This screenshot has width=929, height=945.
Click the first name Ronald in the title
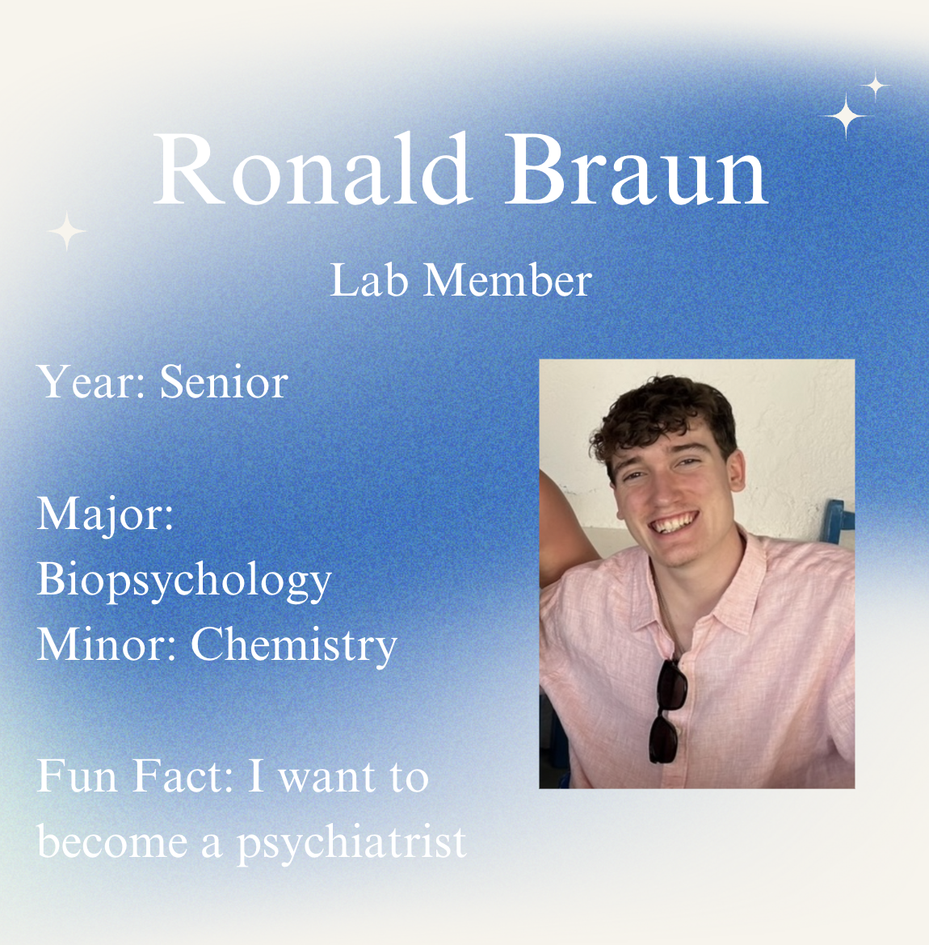pyautogui.click(x=313, y=170)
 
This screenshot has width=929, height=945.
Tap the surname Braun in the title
pyautogui.click(x=636, y=170)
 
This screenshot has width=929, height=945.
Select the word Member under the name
pyautogui.click(x=507, y=280)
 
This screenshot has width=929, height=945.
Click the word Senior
pyautogui.click(x=225, y=381)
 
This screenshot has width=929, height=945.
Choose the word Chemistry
pyautogui.click(x=294, y=645)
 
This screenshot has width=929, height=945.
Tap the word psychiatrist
pyautogui.click(x=352, y=842)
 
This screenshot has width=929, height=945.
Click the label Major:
pyautogui.click(x=106, y=514)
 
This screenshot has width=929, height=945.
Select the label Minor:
pyautogui.click(x=106, y=645)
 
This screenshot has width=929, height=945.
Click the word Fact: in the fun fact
pyautogui.click(x=183, y=776)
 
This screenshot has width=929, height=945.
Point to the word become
pyautogui.click(x=113, y=842)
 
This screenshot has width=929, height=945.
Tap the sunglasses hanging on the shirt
pyautogui.click(x=667, y=711)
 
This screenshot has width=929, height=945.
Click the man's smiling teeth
pyautogui.click(x=675, y=522)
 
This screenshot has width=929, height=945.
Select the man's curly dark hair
pyautogui.click(x=663, y=416)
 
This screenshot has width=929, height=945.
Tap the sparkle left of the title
pyautogui.click(x=67, y=232)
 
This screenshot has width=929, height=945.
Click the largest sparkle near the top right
pyautogui.click(x=846, y=115)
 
